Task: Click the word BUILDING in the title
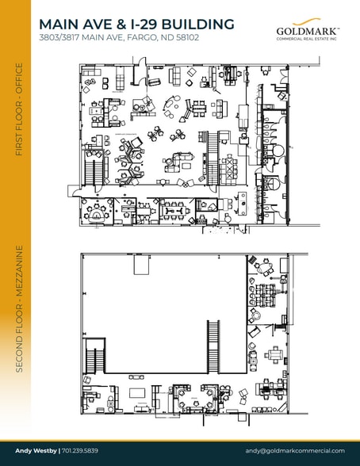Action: click(x=198, y=25)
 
